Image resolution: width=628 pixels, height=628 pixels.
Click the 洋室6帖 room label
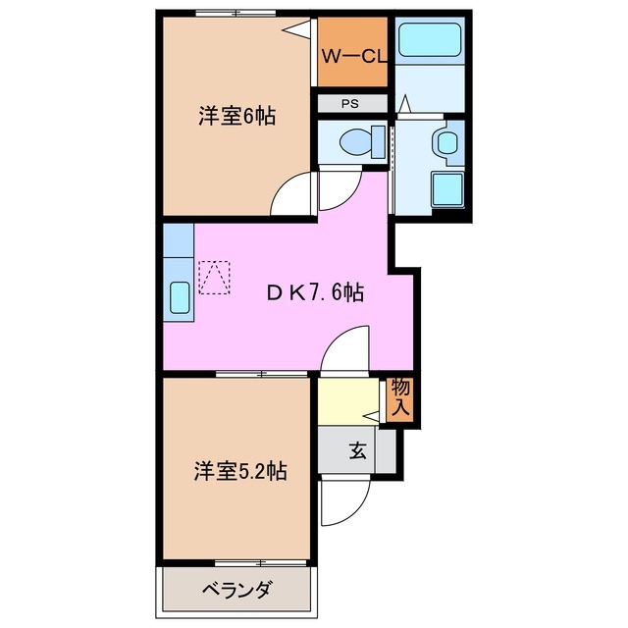pyautogui.click(x=236, y=116)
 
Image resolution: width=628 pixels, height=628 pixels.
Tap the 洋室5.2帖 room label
pyautogui.click(x=239, y=472)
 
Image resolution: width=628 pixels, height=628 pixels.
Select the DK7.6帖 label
pyautogui.click(x=317, y=292)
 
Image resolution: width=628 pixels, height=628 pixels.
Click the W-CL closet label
pyautogui.click(x=353, y=56)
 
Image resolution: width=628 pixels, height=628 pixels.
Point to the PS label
pyautogui.click(x=350, y=103)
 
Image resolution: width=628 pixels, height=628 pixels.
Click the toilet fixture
pyautogui.click(x=355, y=143)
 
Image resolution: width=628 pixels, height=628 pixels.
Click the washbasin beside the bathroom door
pyautogui.click(x=447, y=143)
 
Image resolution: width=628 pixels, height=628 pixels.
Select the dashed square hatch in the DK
pyautogui.click(x=214, y=277)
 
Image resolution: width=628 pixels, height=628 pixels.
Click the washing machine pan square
pyautogui.click(x=448, y=188)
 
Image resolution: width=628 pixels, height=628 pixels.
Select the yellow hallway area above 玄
pyautogui.click(x=348, y=401)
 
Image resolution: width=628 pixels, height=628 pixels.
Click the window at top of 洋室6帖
pyautogui.click(x=234, y=13)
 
